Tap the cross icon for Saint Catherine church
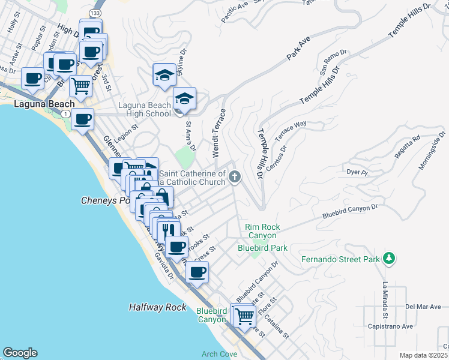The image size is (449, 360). pos(235,176)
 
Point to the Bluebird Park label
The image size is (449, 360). pos(262,247)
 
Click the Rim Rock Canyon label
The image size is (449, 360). pos(262,232)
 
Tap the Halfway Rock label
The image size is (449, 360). pos(158,307)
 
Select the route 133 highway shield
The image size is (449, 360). pos(96,12)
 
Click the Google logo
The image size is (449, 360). pos(20,353)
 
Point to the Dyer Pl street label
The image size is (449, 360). pos(357,172)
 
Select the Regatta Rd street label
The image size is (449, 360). pos(408,148)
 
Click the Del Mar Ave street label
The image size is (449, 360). pos(423,307)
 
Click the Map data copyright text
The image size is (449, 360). pos(423,355)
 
